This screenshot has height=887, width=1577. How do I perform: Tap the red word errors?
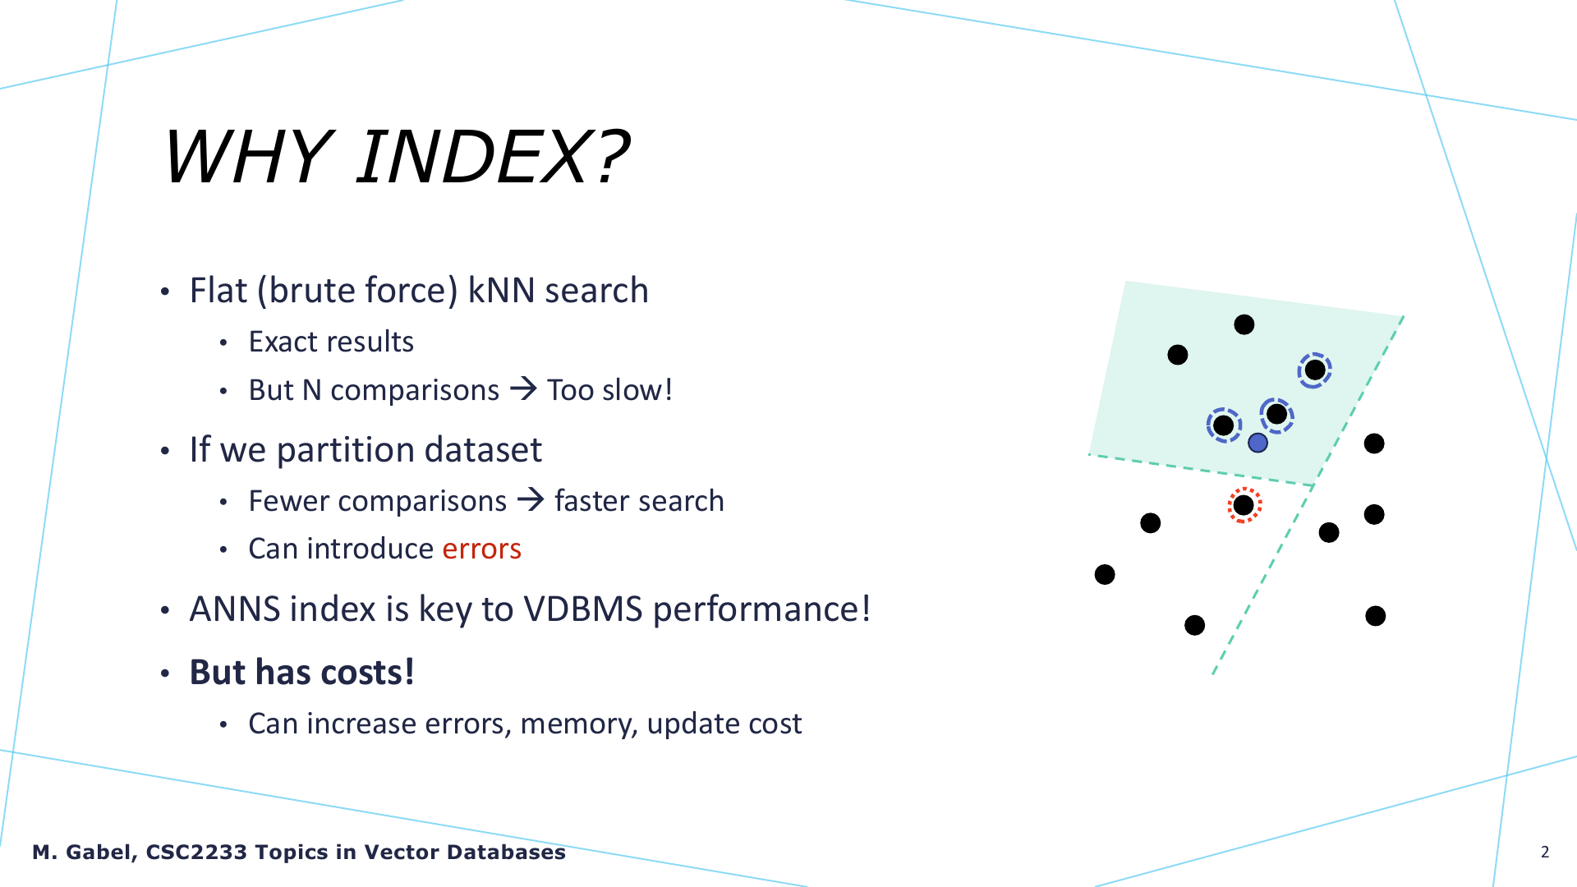(481, 549)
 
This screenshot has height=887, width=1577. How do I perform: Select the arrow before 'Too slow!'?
(523, 388)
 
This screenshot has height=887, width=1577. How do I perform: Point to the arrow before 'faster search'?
(531, 499)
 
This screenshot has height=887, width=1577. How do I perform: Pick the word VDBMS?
(583, 609)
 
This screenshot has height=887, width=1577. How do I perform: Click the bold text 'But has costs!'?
(302, 672)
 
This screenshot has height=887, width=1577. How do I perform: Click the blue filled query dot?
(1257, 443)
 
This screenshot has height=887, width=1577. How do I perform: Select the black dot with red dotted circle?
(1244, 505)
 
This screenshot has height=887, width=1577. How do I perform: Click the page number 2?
(1545, 852)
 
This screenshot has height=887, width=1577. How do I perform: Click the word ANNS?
(235, 609)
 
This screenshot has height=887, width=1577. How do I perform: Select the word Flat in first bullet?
(218, 291)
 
